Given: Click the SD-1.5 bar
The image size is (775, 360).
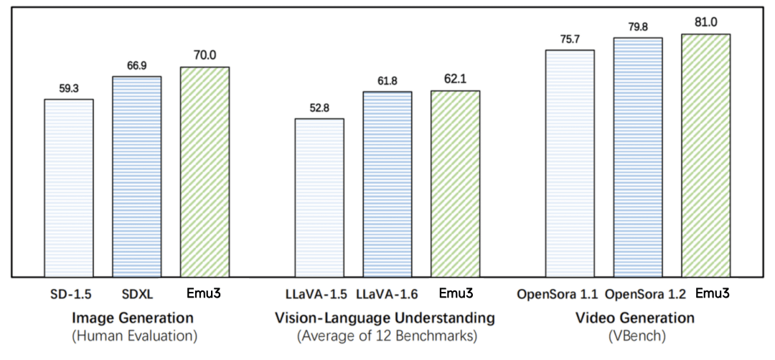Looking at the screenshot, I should [69, 187].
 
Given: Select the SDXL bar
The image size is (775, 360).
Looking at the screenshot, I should [136, 176].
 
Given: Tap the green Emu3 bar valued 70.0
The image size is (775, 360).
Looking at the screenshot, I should [205, 171].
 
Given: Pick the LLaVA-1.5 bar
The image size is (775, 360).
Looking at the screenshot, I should [319, 197].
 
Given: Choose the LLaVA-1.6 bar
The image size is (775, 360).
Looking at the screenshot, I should [387, 184].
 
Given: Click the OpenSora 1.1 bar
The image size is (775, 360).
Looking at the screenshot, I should [570, 163].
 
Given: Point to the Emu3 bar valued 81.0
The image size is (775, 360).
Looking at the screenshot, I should [705, 155].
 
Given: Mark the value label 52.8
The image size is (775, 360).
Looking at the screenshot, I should [319, 109].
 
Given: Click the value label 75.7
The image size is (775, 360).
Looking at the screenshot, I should [570, 40].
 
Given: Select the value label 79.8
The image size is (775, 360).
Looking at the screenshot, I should [638, 28].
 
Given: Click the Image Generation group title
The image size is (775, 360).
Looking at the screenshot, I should [134, 317].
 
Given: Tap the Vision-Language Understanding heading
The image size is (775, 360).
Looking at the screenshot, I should [385, 317].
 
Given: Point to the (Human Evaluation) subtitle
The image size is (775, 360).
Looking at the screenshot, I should [134, 334].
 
